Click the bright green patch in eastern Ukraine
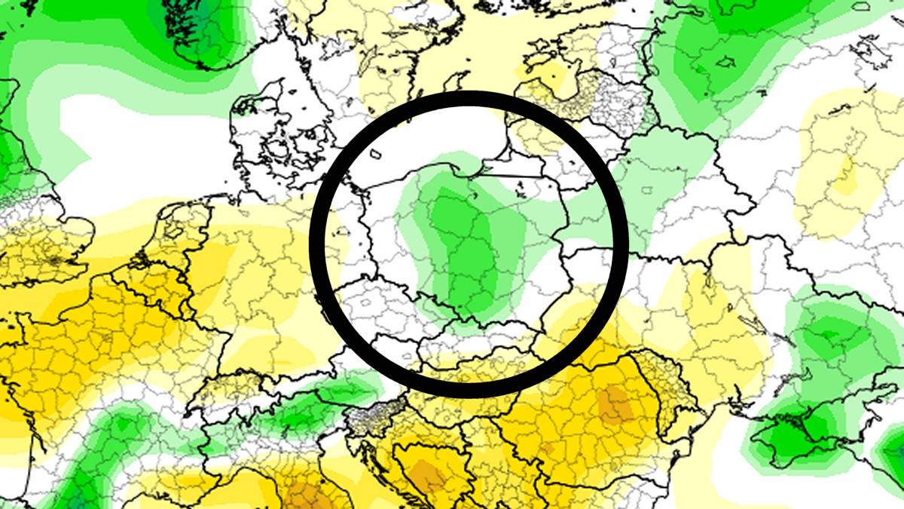pos(825,332)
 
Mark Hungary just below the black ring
pos(467,385)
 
